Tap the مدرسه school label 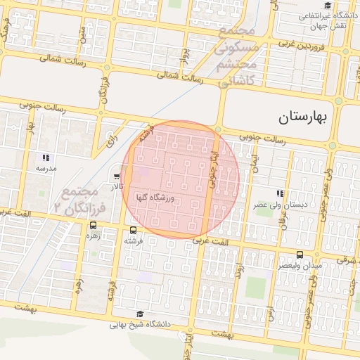pyautogui.click(x=46, y=169)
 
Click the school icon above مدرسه pyautogui.click(x=46, y=157)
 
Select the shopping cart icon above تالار pyautogui.click(x=116, y=176)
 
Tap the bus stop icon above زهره pyautogui.click(x=94, y=226)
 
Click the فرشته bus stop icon pyautogui.click(x=134, y=230)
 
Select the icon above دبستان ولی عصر pyautogui.click(x=280, y=193)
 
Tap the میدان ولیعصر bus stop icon pyautogui.click(x=300, y=254)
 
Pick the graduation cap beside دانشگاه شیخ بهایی pyautogui.click(x=139, y=314)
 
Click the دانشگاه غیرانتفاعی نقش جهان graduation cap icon pyautogui.click(x=327, y=5)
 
